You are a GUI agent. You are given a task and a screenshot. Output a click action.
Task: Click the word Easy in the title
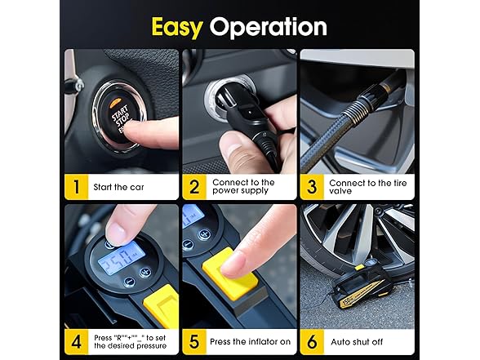click(176, 27)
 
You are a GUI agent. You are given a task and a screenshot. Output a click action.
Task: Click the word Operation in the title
click(268, 27)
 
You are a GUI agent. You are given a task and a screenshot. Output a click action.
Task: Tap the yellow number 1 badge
click(76, 187)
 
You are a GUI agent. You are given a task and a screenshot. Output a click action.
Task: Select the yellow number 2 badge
click(194, 187)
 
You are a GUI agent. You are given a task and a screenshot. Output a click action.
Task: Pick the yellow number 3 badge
click(312, 187)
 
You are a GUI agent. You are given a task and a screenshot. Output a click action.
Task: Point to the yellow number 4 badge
click(76, 341)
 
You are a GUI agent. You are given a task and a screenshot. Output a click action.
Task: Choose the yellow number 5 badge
click(194, 341)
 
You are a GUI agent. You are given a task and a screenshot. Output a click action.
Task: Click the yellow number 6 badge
click(312, 341)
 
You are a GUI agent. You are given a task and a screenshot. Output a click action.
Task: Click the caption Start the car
click(118, 187)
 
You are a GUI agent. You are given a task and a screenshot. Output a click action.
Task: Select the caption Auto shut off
click(357, 341)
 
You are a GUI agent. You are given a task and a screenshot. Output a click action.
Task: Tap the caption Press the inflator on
click(250, 341)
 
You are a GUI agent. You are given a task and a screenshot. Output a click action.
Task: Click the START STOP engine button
click(119, 116)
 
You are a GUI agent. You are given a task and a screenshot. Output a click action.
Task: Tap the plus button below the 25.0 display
click(144, 272)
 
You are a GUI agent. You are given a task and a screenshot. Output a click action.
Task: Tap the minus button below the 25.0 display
click(129, 282)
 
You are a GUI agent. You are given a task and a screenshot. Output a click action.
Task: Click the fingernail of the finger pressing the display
click(116, 233)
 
